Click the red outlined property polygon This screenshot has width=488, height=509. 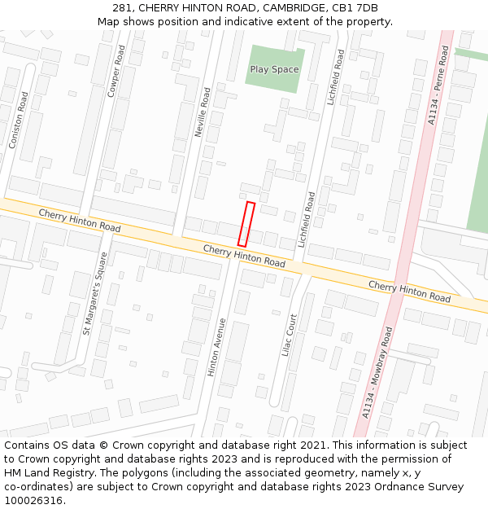(x=246, y=224)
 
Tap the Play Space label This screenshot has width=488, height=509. (x=274, y=69)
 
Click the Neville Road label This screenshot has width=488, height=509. (x=203, y=112)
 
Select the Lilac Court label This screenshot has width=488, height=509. (x=289, y=335)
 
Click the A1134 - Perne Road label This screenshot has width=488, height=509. (x=438, y=85)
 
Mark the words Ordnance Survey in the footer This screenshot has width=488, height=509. (x=420, y=487)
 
